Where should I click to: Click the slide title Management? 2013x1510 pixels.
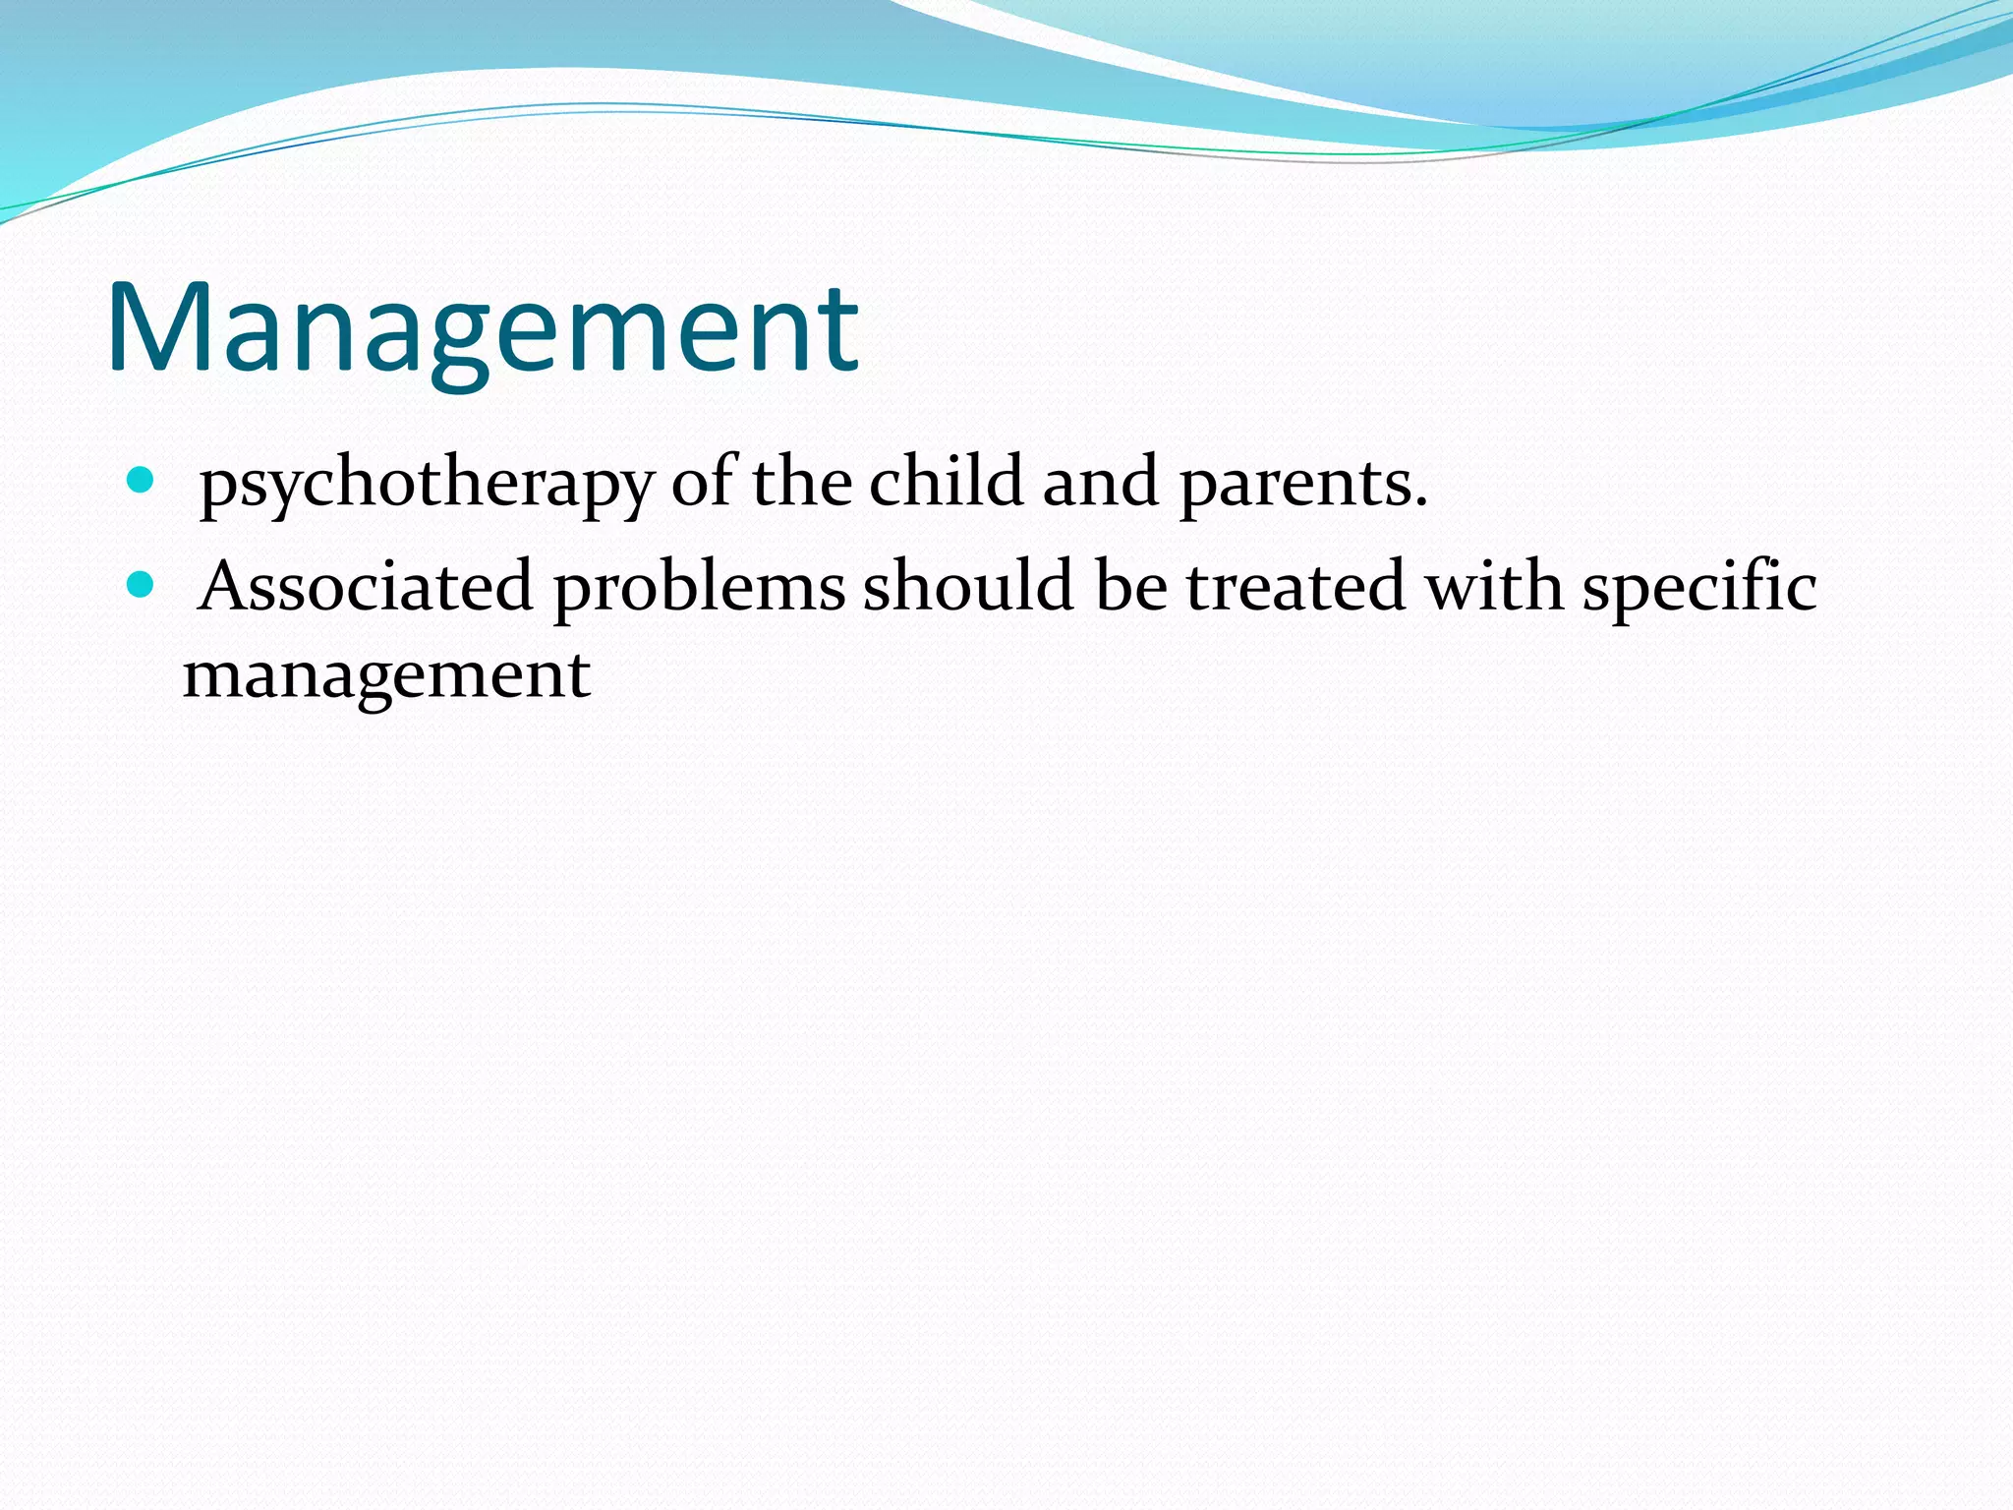pyautogui.click(x=483, y=329)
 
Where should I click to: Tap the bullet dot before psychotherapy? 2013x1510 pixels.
pyautogui.click(x=142, y=481)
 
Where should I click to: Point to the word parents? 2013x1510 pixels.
pyautogui.click(x=1294, y=485)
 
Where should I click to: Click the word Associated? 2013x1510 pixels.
pyautogui.click(x=365, y=587)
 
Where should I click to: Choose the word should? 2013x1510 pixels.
pyautogui.click(x=968, y=587)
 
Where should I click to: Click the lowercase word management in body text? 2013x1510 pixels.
pyautogui.click(x=386, y=677)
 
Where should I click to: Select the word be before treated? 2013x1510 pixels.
pyautogui.click(x=1130, y=587)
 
